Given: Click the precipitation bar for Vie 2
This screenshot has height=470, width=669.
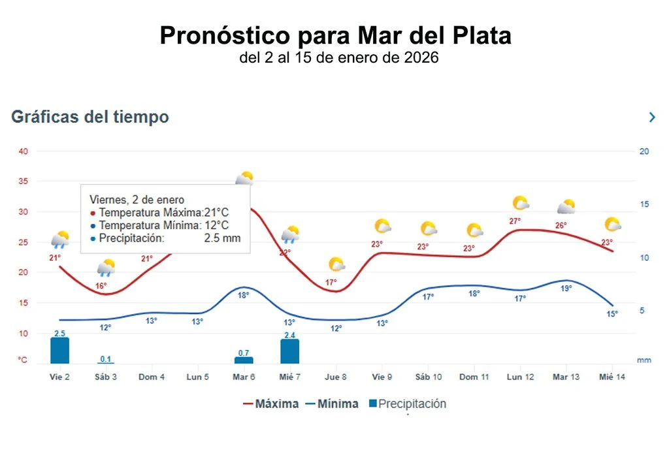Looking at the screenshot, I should (x=59, y=351).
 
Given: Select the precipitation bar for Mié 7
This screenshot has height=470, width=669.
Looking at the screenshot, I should (x=289, y=351).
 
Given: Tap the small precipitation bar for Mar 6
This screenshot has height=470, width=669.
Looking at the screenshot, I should (x=244, y=360).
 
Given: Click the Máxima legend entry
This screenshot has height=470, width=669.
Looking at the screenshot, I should (x=270, y=403).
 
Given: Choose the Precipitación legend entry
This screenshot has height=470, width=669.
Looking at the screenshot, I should (x=406, y=403).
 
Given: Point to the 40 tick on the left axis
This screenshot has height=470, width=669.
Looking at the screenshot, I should (x=24, y=151).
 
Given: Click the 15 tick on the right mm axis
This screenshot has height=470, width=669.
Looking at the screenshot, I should (x=644, y=204).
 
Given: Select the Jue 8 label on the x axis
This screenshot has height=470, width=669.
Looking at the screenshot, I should (x=335, y=377).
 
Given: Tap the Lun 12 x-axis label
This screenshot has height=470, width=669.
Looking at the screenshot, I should (x=520, y=377).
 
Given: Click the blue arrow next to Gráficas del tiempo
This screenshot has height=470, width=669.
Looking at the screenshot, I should (x=651, y=117).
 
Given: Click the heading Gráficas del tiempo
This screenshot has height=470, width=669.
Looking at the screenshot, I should (x=90, y=117).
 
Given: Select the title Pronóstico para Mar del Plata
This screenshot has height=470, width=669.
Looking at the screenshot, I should (x=335, y=35).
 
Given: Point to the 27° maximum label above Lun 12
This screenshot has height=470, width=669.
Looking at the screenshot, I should (x=515, y=221).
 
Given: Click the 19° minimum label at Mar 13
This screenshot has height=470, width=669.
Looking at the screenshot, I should (x=566, y=288).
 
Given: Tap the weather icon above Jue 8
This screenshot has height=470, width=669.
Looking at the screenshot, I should (x=336, y=264).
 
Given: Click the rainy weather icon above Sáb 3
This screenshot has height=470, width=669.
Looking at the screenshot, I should (x=106, y=267).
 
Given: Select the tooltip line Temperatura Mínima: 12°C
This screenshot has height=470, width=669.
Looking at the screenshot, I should (x=160, y=225).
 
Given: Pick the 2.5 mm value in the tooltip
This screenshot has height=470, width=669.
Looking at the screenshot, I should (x=222, y=238).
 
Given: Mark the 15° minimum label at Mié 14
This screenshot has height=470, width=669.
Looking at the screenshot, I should (x=612, y=313).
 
